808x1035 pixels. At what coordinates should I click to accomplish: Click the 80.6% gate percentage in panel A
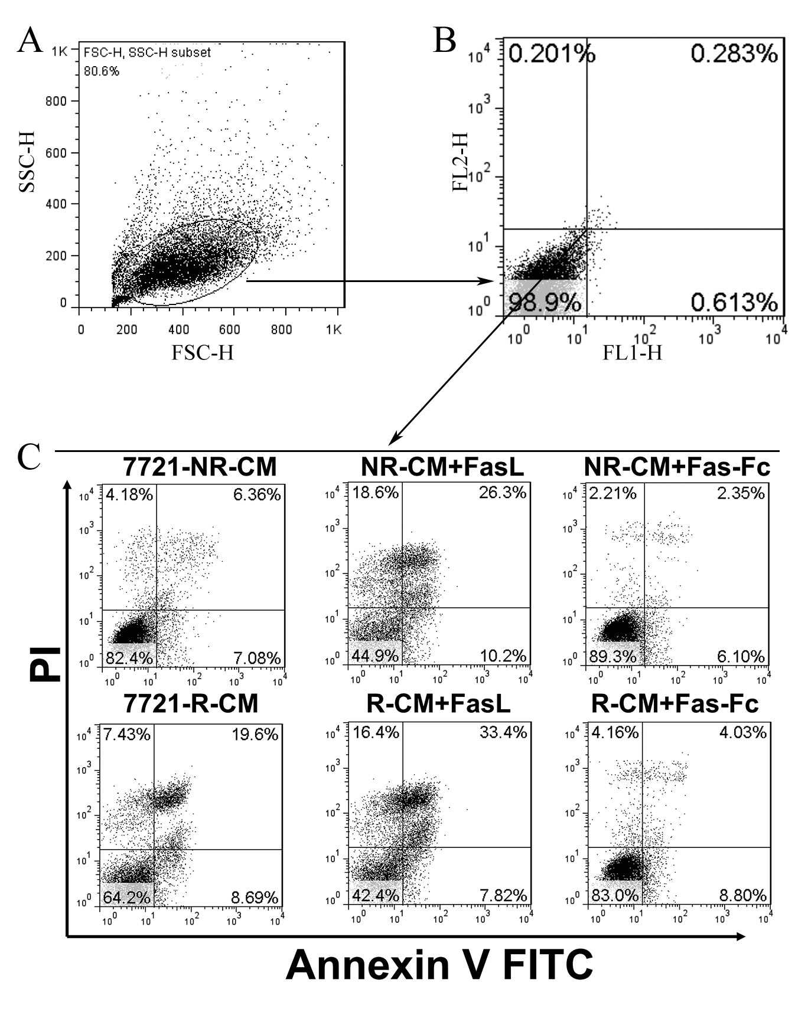(x=101, y=71)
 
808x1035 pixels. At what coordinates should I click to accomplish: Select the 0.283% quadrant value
(x=734, y=54)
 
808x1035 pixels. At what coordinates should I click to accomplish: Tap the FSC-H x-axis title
(x=203, y=352)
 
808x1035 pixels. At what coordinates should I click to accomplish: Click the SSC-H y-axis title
(x=26, y=161)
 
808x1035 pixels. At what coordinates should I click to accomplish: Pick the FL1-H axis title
(x=632, y=352)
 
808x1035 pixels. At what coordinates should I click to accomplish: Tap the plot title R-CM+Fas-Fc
(x=675, y=703)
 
